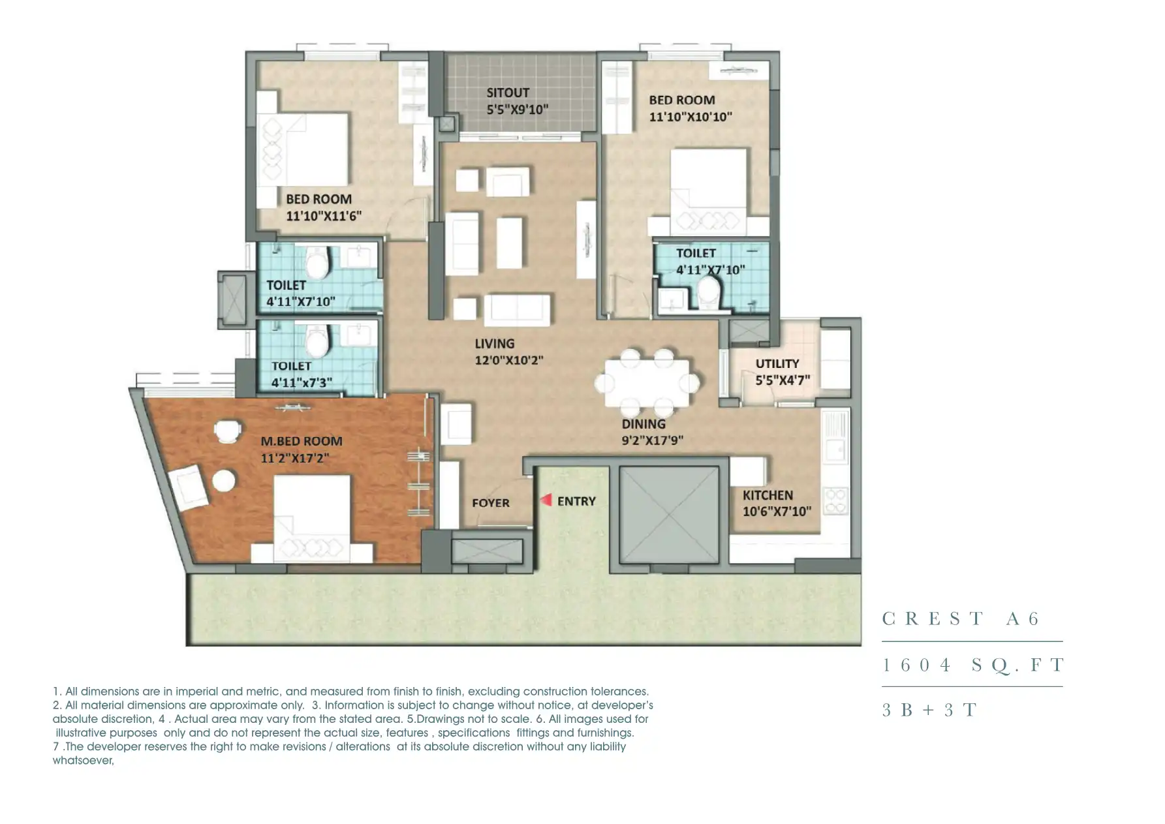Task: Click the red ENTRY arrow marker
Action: point(547,500)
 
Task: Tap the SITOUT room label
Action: point(508,93)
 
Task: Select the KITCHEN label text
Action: point(768,495)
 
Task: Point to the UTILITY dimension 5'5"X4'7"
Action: point(783,380)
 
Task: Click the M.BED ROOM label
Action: point(302,441)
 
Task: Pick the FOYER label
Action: point(491,503)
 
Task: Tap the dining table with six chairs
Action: point(647,383)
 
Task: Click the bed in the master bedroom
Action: point(311,519)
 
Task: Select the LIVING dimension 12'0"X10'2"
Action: point(509,360)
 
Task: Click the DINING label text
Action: point(644,424)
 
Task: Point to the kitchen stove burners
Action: point(836,501)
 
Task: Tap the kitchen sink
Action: point(835,450)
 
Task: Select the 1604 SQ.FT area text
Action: point(973,665)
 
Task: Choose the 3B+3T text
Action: point(929,710)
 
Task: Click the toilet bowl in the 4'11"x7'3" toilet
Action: point(317,340)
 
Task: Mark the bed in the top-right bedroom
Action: point(709,192)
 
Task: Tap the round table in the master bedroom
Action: point(224,481)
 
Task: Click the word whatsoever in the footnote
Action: point(83,761)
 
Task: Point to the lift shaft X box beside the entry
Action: point(669,515)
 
